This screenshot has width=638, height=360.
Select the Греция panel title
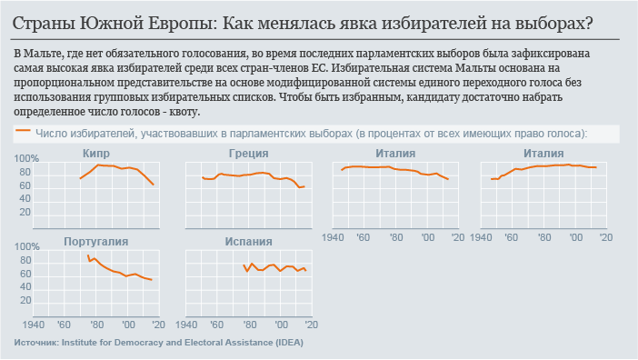pos(247,154)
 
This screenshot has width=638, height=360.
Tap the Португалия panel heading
pos(95,242)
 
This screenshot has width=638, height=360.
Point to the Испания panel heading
pos(247,242)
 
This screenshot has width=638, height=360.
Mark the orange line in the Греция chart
pos(254,174)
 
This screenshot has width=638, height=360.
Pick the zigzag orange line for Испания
pos(273,267)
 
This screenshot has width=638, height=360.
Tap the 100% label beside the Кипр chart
pos(26,159)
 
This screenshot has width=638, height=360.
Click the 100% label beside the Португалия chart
pos(26,247)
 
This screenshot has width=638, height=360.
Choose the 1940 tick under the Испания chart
pos(188,325)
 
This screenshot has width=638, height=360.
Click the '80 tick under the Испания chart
pos(249,325)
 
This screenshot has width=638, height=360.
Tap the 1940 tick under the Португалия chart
pos(35,325)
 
